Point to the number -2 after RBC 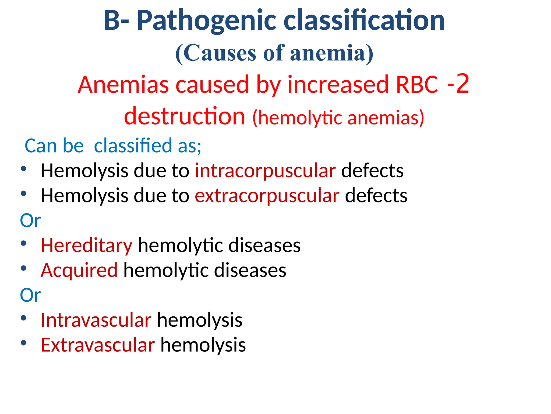(458, 84)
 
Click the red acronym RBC (417, 85)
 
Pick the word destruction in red (185, 116)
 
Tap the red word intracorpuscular (265, 171)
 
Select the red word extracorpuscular (267, 196)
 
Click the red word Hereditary (86, 246)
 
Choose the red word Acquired (79, 270)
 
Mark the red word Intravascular (96, 320)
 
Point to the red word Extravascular (98, 345)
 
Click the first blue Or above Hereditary (30, 221)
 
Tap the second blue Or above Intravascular (30, 295)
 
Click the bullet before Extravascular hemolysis (24, 343)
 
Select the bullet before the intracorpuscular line (24, 169)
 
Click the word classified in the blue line (133, 146)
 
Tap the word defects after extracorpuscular (376, 196)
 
